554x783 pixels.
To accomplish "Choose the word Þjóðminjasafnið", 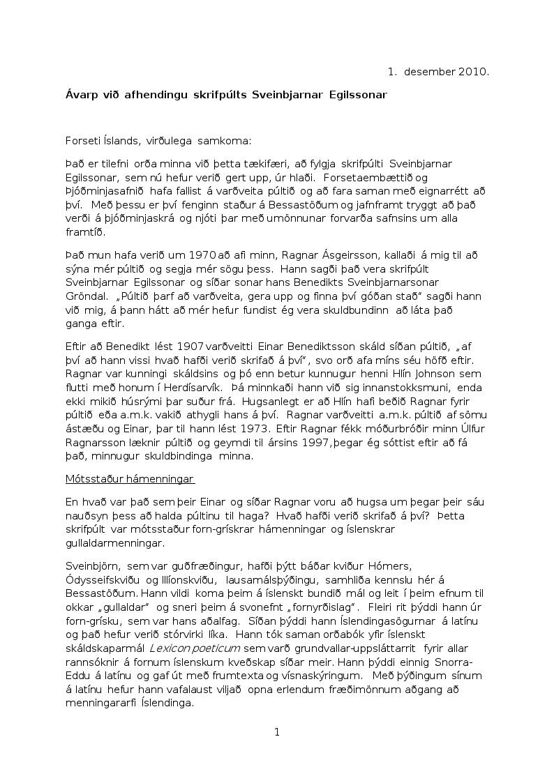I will coord(103,190).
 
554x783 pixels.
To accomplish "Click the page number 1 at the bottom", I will coord(277,731).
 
